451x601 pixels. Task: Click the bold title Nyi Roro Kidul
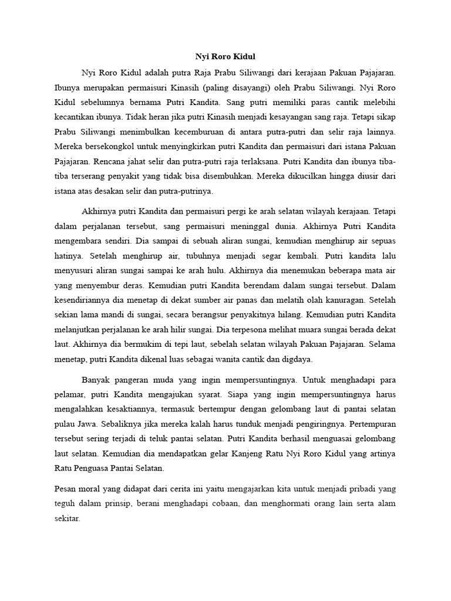(x=225, y=57)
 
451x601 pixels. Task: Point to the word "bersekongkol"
(x=105, y=145)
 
